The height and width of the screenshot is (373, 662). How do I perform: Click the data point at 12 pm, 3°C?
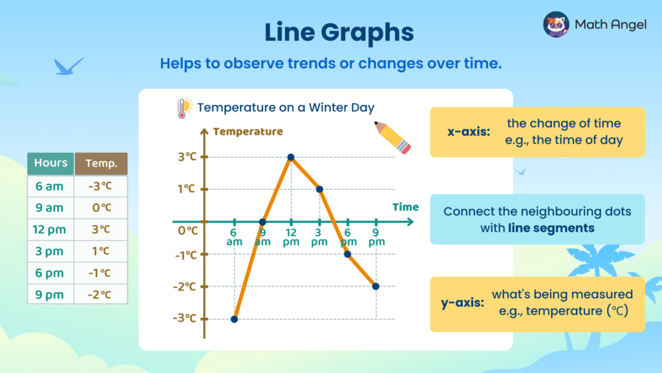click(291, 157)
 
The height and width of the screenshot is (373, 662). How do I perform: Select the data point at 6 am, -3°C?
click(234, 319)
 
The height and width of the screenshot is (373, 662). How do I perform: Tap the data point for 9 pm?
click(376, 286)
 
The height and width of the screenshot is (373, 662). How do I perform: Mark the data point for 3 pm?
click(319, 189)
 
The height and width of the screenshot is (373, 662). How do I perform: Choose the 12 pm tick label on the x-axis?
click(291, 237)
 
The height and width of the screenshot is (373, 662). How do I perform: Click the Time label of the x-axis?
click(405, 207)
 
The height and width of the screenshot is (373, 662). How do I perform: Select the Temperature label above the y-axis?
click(248, 131)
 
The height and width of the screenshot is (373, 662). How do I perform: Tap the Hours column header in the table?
click(50, 163)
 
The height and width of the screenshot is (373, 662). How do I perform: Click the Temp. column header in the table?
click(101, 164)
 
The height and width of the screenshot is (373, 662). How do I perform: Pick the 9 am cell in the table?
click(50, 207)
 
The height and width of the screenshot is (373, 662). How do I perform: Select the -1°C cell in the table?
click(101, 273)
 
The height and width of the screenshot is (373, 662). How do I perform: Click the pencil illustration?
click(393, 137)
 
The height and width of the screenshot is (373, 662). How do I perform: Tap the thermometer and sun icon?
click(184, 107)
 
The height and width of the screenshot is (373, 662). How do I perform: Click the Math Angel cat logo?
click(556, 25)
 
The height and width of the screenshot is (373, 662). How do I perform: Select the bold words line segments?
click(551, 227)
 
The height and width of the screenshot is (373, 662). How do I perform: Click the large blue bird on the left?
click(69, 66)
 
